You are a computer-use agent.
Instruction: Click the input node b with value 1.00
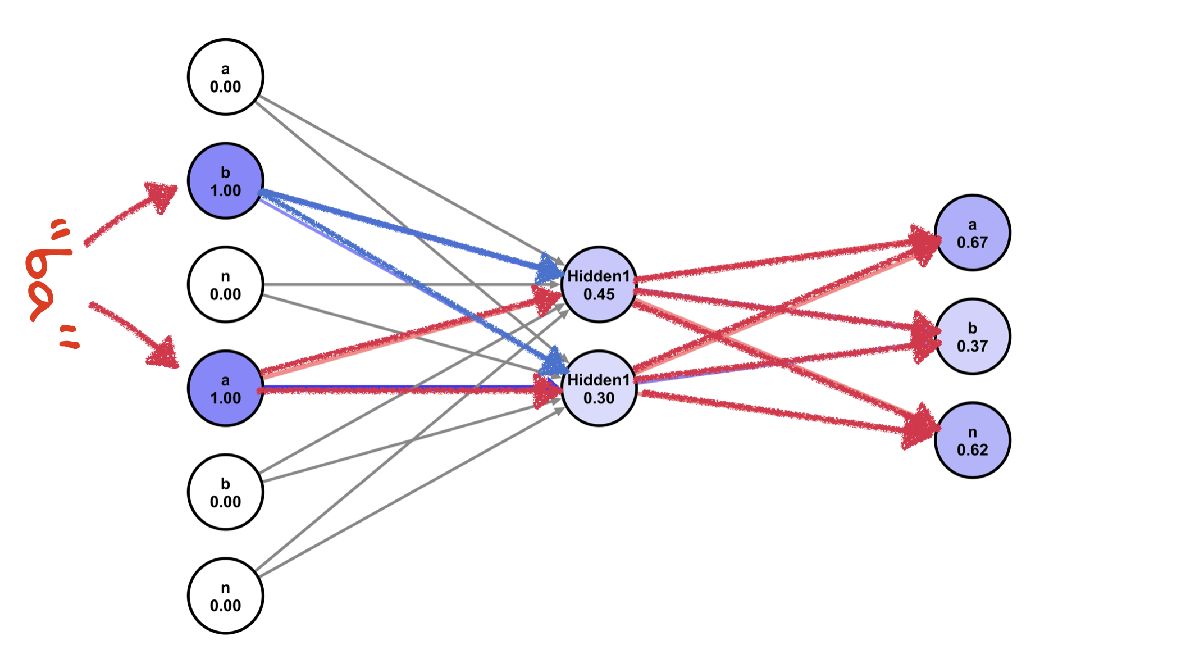pos(225,181)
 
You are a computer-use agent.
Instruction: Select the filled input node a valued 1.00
pos(225,388)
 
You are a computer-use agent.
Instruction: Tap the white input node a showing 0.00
pos(225,77)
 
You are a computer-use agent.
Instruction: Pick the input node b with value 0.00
pos(225,492)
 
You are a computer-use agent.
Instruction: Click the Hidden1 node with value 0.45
pos(599,284)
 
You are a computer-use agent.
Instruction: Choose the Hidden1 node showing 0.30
pos(599,388)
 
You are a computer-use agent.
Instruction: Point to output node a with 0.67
pos(972,233)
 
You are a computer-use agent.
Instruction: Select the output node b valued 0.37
pos(972,337)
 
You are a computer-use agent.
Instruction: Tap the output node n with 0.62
pos(972,440)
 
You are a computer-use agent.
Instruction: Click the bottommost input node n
pos(225,596)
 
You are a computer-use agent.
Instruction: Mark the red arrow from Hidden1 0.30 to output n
pos(786,413)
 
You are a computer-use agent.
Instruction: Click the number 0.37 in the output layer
pos(972,346)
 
